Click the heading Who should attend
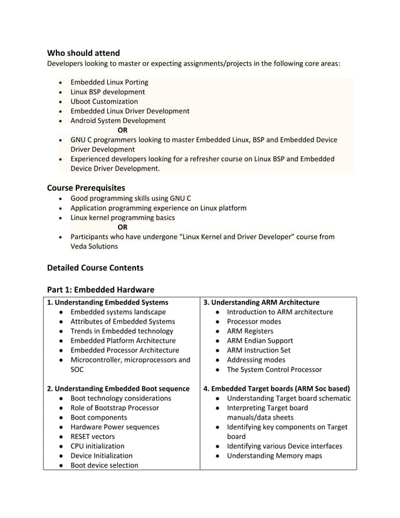tap(83, 53)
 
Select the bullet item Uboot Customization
tap(104, 102)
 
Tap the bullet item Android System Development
tap(118, 120)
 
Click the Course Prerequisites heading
tap(86, 188)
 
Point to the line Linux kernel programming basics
tap(122, 218)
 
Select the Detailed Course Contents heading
tap(95, 268)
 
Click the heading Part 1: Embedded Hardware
tap(100, 290)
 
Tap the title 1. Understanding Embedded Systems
tap(108, 302)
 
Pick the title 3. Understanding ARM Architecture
tap(261, 302)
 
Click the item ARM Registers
tap(250, 331)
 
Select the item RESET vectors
tap(93, 436)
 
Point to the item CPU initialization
tap(97, 446)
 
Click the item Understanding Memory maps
tap(274, 456)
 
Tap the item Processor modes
tap(254, 322)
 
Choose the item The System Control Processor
tap(274, 369)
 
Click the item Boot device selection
tap(104, 465)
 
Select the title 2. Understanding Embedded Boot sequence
tap(118, 389)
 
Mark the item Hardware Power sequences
tap(115, 427)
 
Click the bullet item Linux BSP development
tap(107, 92)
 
